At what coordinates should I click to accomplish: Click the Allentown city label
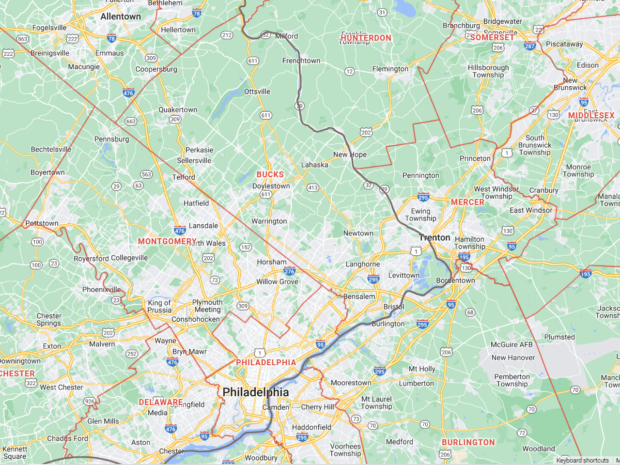pyautogui.click(x=121, y=16)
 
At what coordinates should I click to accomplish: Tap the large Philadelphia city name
pyautogui.click(x=255, y=392)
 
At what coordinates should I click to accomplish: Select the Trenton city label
pyautogui.click(x=434, y=237)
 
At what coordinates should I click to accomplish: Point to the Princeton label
pyautogui.click(x=475, y=158)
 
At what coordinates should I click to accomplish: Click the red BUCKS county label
pyautogui.click(x=270, y=174)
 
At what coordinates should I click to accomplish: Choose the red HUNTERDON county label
pyautogui.click(x=366, y=38)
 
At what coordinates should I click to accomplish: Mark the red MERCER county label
pyautogui.click(x=467, y=202)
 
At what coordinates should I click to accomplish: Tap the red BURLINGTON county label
pyautogui.click(x=468, y=442)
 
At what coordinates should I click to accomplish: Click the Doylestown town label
pyautogui.click(x=271, y=186)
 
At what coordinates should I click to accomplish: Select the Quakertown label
pyautogui.click(x=178, y=110)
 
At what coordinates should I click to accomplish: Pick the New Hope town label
pyautogui.click(x=350, y=155)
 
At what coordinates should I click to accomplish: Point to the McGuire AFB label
pyautogui.click(x=511, y=344)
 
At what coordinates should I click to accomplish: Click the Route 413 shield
pyautogui.click(x=313, y=187)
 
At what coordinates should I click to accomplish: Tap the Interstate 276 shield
pyautogui.click(x=289, y=271)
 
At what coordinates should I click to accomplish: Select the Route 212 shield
pyautogui.click(x=227, y=35)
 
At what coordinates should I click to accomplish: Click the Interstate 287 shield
pyautogui.click(x=530, y=46)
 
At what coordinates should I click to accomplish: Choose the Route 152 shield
pyautogui.click(x=246, y=247)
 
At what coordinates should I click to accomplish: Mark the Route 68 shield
pyautogui.click(x=470, y=312)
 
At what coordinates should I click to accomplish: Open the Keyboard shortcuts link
pyautogui.click(x=582, y=460)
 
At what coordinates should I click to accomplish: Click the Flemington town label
pyautogui.click(x=390, y=69)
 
